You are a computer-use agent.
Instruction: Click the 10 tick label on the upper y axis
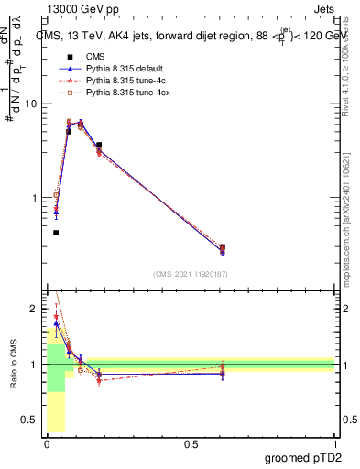point(30,104)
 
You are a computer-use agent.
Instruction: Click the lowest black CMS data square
point(56,233)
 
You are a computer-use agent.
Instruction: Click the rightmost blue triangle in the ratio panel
point(223,374)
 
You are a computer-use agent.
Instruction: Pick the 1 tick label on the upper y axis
point(34,198)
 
